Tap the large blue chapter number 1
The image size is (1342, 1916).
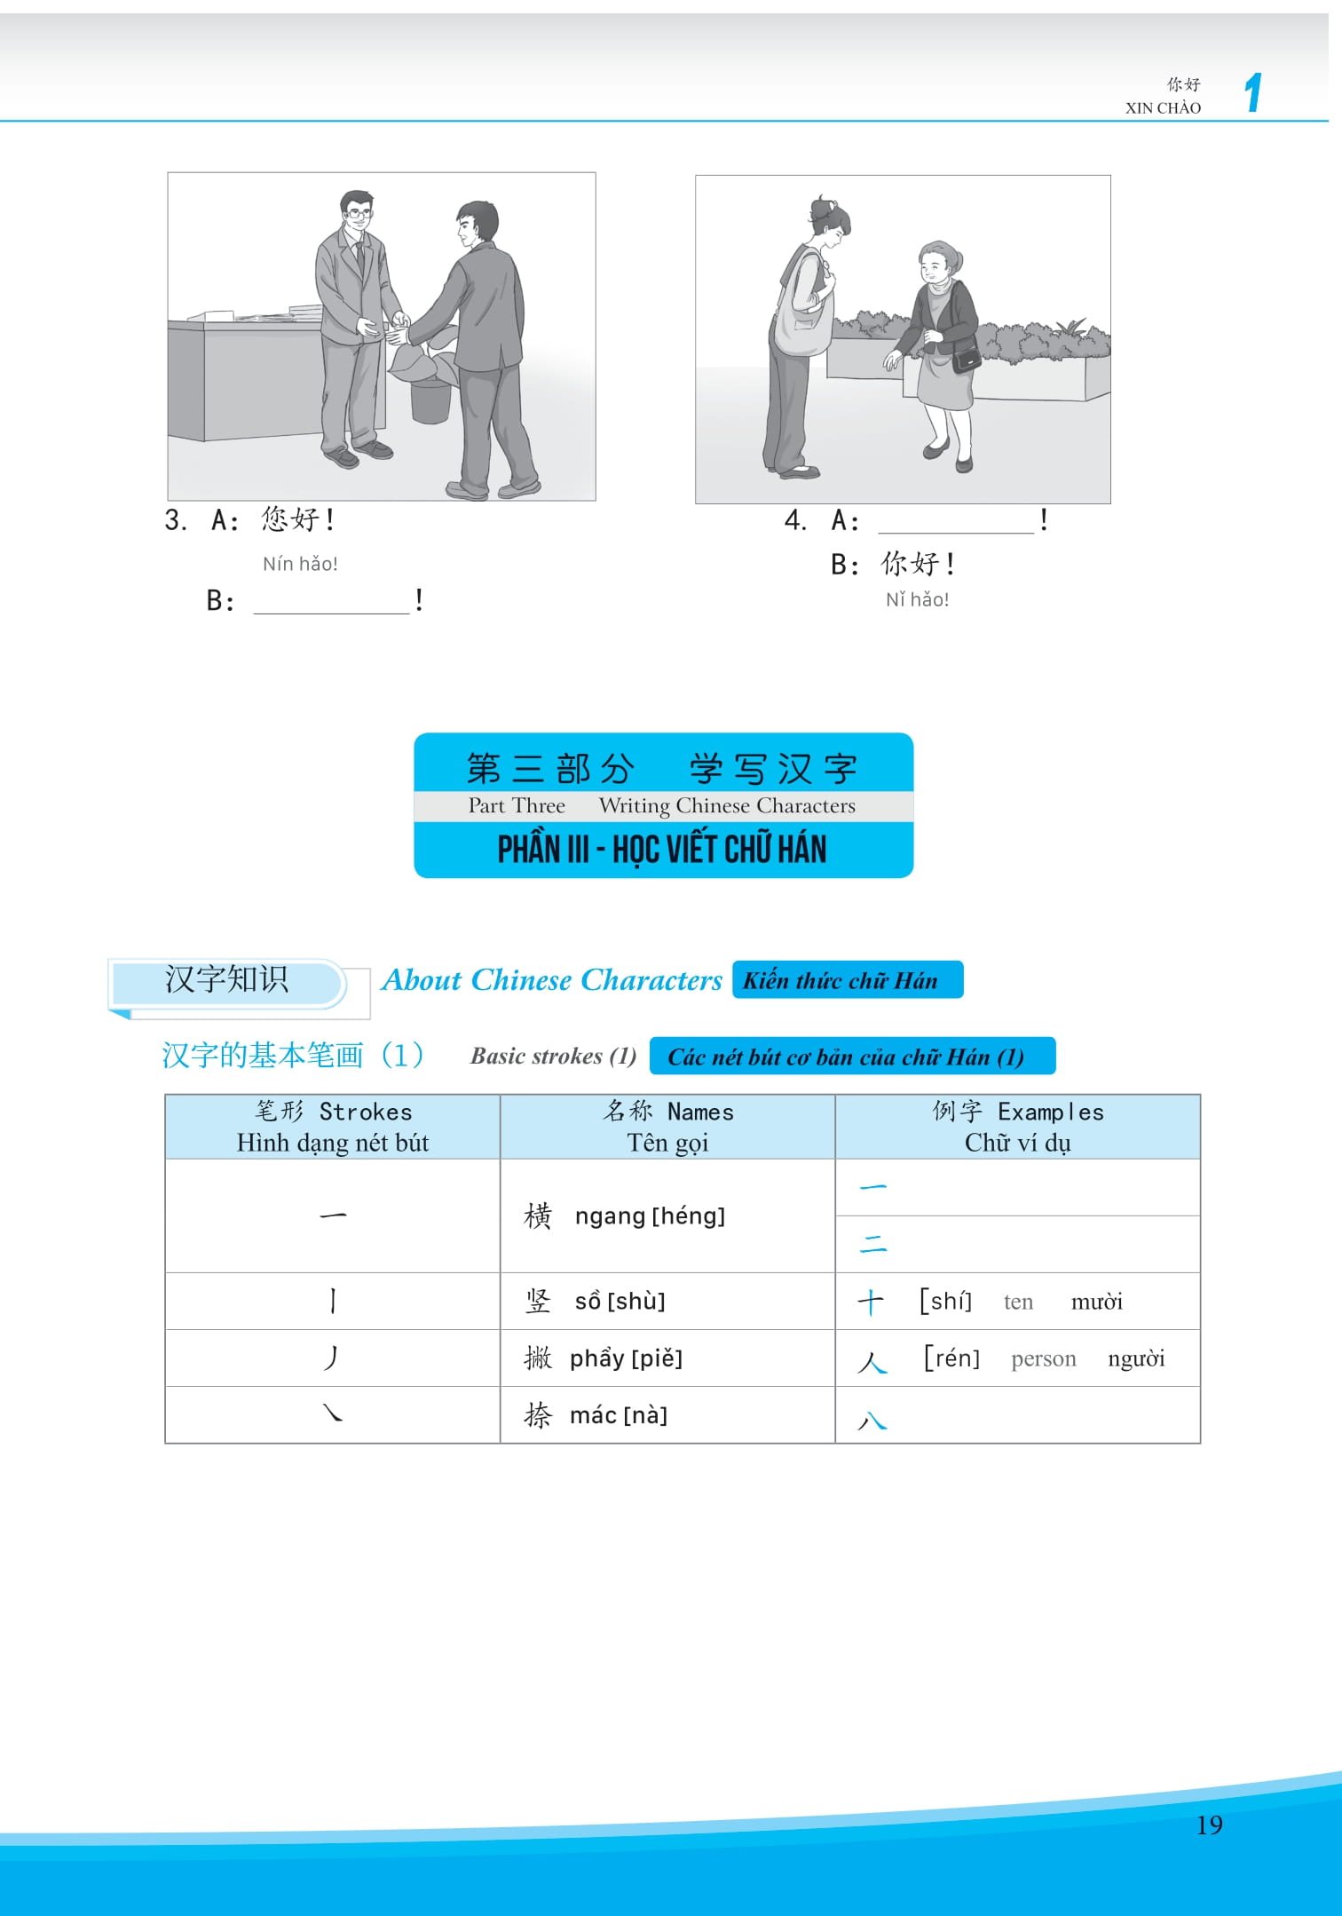pos(1252,92)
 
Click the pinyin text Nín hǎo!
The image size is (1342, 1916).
pos(300,564)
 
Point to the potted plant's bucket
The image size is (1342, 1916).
pos(430,401)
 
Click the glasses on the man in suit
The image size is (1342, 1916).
pos(359,213)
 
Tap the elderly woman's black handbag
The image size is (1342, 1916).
pos(967,359)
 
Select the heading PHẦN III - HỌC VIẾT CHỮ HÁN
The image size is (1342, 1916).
pos(662,850)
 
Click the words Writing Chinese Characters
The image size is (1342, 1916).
pos(727,805)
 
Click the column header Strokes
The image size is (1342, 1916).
pos(365,1112)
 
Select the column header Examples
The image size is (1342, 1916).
pos(1050,1112)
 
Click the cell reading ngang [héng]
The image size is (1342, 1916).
pos(649,1215)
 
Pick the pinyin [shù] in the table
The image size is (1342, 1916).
pos(636,1301)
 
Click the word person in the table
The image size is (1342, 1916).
pos(1043,1358)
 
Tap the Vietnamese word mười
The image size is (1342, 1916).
pos(1096,1302)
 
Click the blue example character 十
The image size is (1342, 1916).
pos(870,1302)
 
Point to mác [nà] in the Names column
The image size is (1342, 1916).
pos(618,1415)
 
